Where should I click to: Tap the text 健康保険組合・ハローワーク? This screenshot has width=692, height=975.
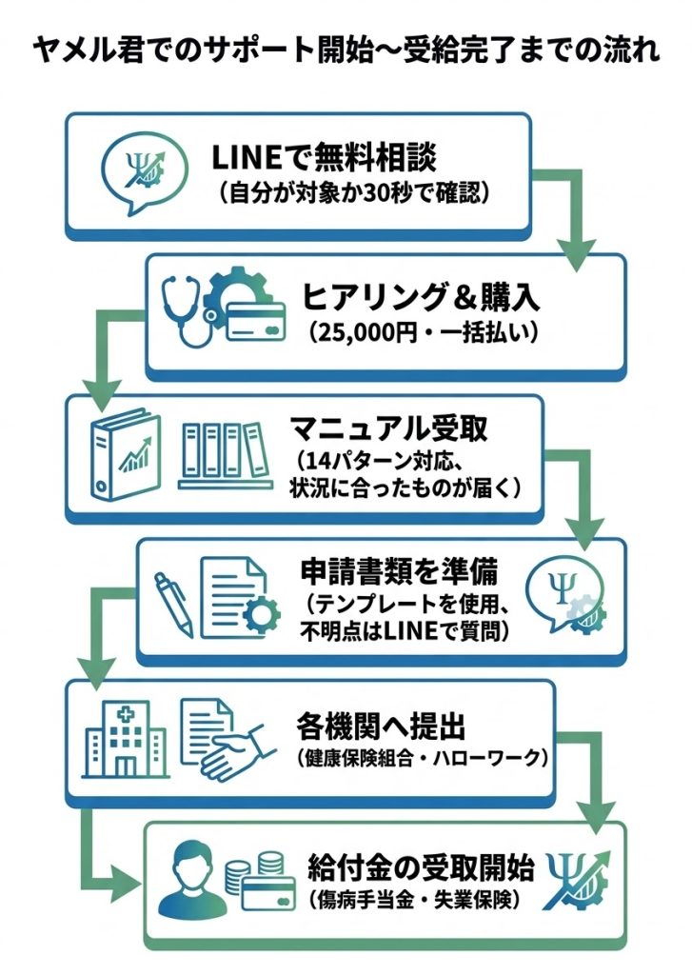(419, 759)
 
